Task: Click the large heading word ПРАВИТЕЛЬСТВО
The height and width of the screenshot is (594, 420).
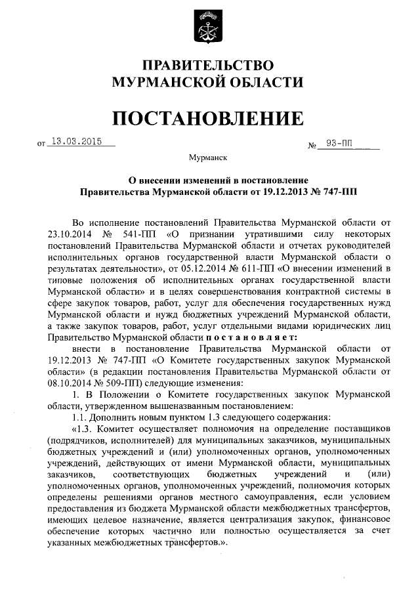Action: [208, 66]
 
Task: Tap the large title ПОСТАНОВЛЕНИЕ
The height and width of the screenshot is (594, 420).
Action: [208, 118]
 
